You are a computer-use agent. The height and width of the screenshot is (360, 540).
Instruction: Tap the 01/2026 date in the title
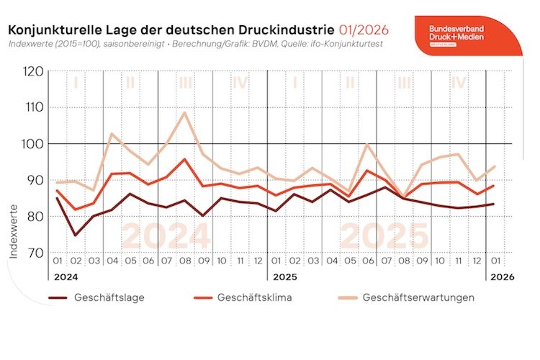(x=364, y=30)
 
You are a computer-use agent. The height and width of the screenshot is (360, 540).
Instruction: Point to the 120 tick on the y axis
(x=33, y=71)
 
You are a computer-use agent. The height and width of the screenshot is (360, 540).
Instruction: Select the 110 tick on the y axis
(x=33, y=107)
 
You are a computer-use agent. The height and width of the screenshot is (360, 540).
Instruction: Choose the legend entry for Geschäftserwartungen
(x=418, y=297)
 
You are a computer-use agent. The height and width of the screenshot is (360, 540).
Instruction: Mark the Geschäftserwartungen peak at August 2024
(x=185, y=112)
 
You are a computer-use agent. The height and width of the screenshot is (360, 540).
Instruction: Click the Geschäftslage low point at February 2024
(x=75, y=235)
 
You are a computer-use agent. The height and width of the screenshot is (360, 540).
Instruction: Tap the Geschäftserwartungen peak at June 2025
(x=369, y=145)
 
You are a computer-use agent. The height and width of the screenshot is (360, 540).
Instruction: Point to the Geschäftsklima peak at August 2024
(x=185, y=159)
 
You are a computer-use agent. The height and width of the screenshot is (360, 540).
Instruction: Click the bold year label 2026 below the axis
(x=501, y=276)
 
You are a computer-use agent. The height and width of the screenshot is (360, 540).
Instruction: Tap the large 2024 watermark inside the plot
(x=166, y=237)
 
